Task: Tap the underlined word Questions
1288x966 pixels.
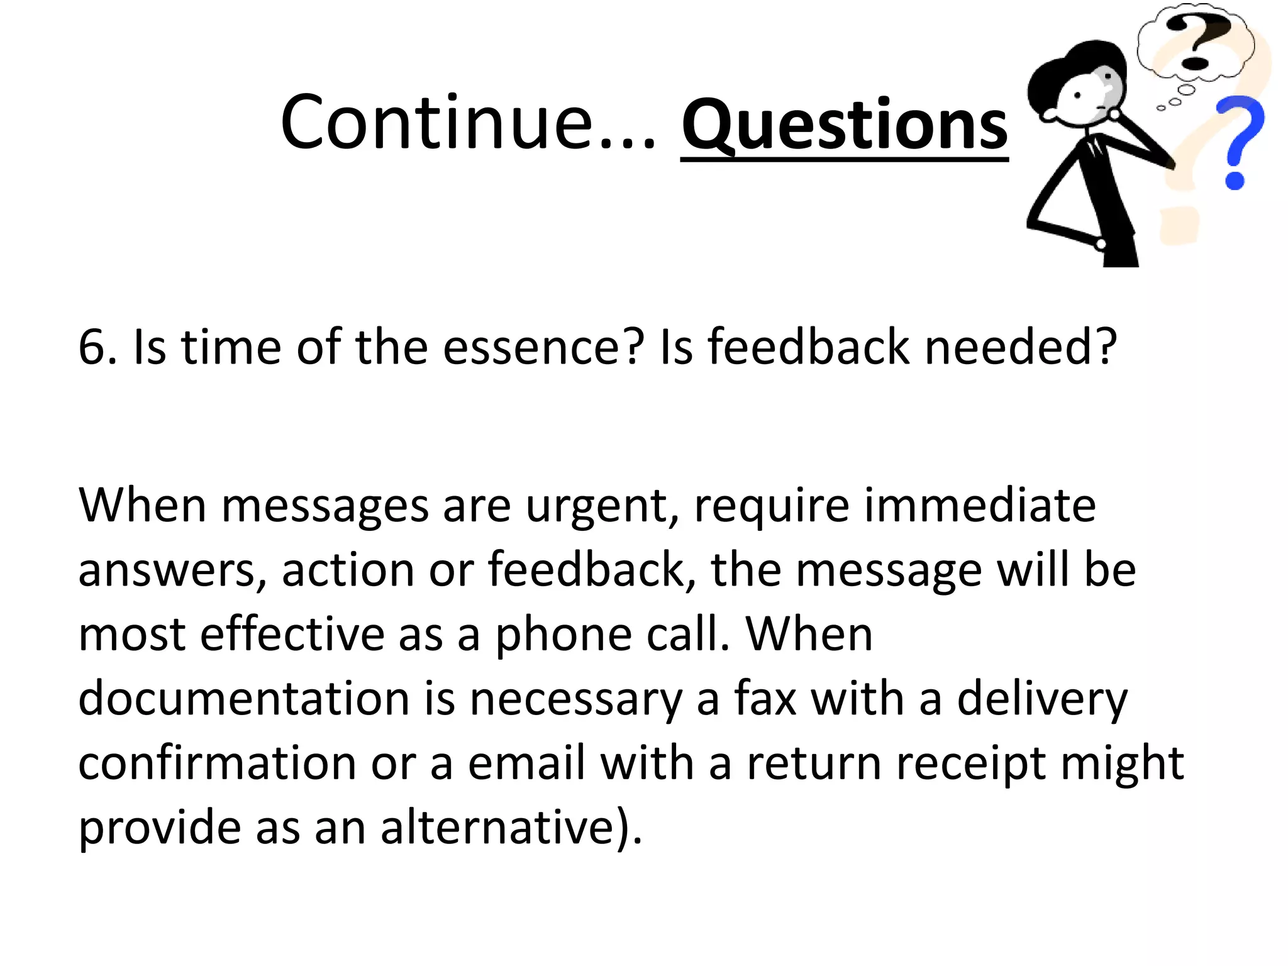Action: (x=844, y=125)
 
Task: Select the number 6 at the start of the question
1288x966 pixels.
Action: (x=92, y=347)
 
